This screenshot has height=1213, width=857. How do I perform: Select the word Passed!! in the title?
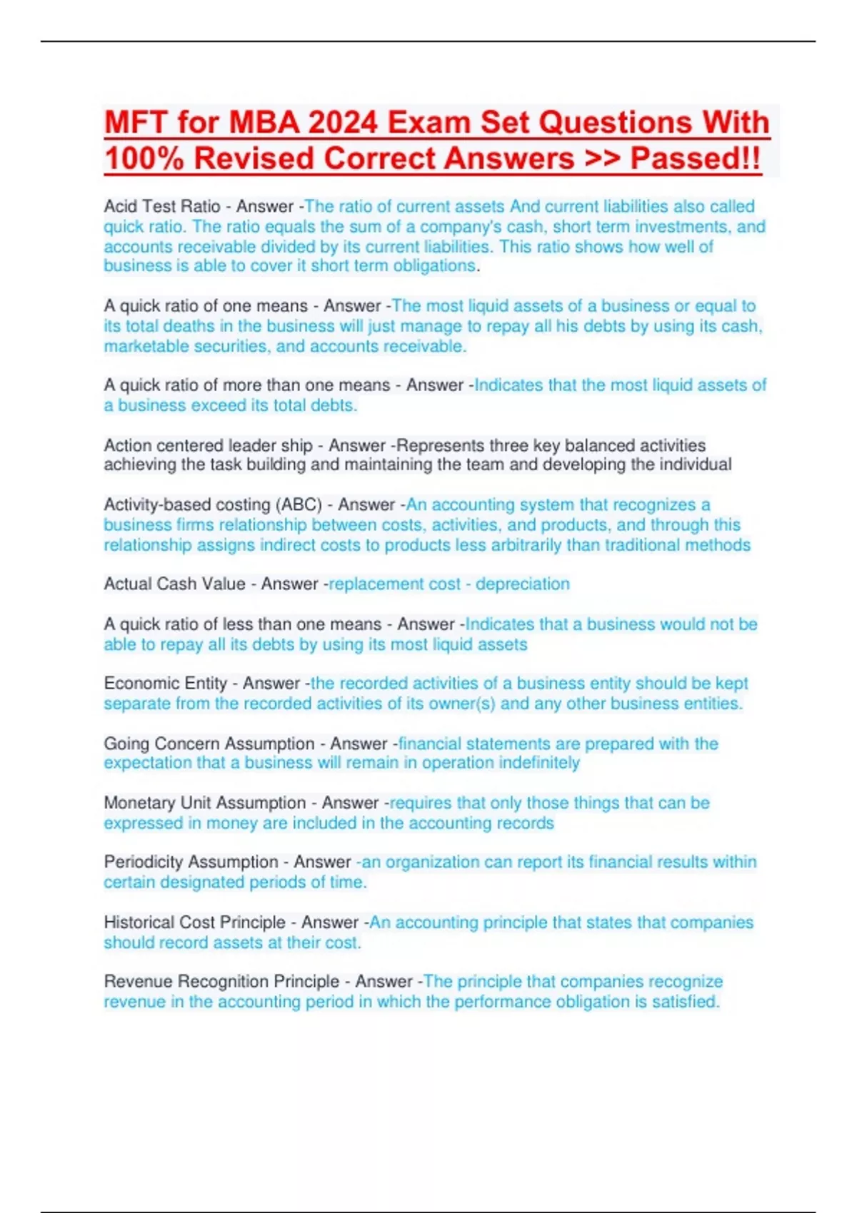pyautogui.click(x=695, y=158)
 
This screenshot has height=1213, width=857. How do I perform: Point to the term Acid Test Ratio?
pyautogui.click(x=162, y=206)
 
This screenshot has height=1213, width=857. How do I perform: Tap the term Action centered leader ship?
pyautogui.click(x=208, y=445)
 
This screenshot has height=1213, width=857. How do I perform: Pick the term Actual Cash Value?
pyautogui.click(x=174, y=584)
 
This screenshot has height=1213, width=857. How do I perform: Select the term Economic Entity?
pyautogui.click(x=165, y=683)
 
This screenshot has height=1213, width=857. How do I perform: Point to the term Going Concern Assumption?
pyautogui.click(x=209, y=743)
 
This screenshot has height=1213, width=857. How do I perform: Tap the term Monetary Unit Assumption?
pyautogui.click(x=204, y=803)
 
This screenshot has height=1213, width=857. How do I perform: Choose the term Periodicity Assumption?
pyautogui.click(x=191, y=862)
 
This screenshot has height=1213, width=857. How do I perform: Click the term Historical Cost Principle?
pyautogui.click(x=194, y=922)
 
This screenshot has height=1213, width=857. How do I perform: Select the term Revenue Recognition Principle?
pyautogui.click(x=221, y=981)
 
